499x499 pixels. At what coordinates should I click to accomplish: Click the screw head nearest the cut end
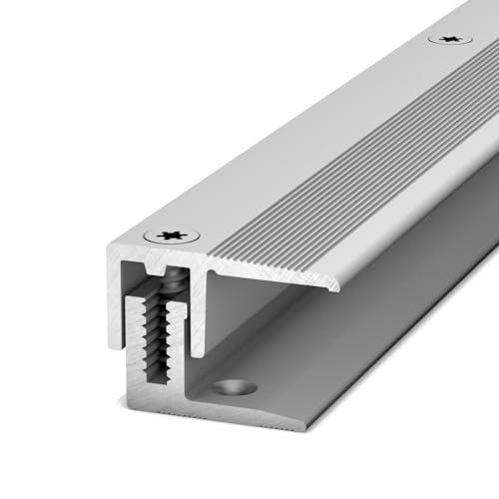click(172, 237)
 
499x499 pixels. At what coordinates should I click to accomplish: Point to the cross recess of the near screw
click(172, 237)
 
